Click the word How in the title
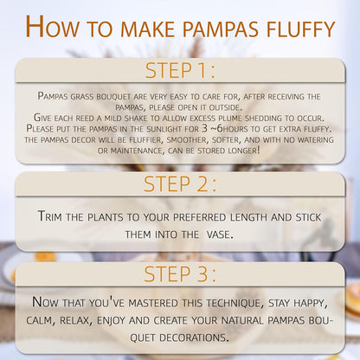[52, 27]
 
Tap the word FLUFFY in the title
[300, 29]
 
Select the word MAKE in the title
[148, 29]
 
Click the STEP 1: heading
[180, 70]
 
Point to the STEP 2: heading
[180, 184]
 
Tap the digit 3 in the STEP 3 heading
[202, 273]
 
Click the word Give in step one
[42, 118]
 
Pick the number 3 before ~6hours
[205, 128]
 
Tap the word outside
[226, 107]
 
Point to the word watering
[315, 140]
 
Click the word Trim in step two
[49, 216]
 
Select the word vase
[220, 235]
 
